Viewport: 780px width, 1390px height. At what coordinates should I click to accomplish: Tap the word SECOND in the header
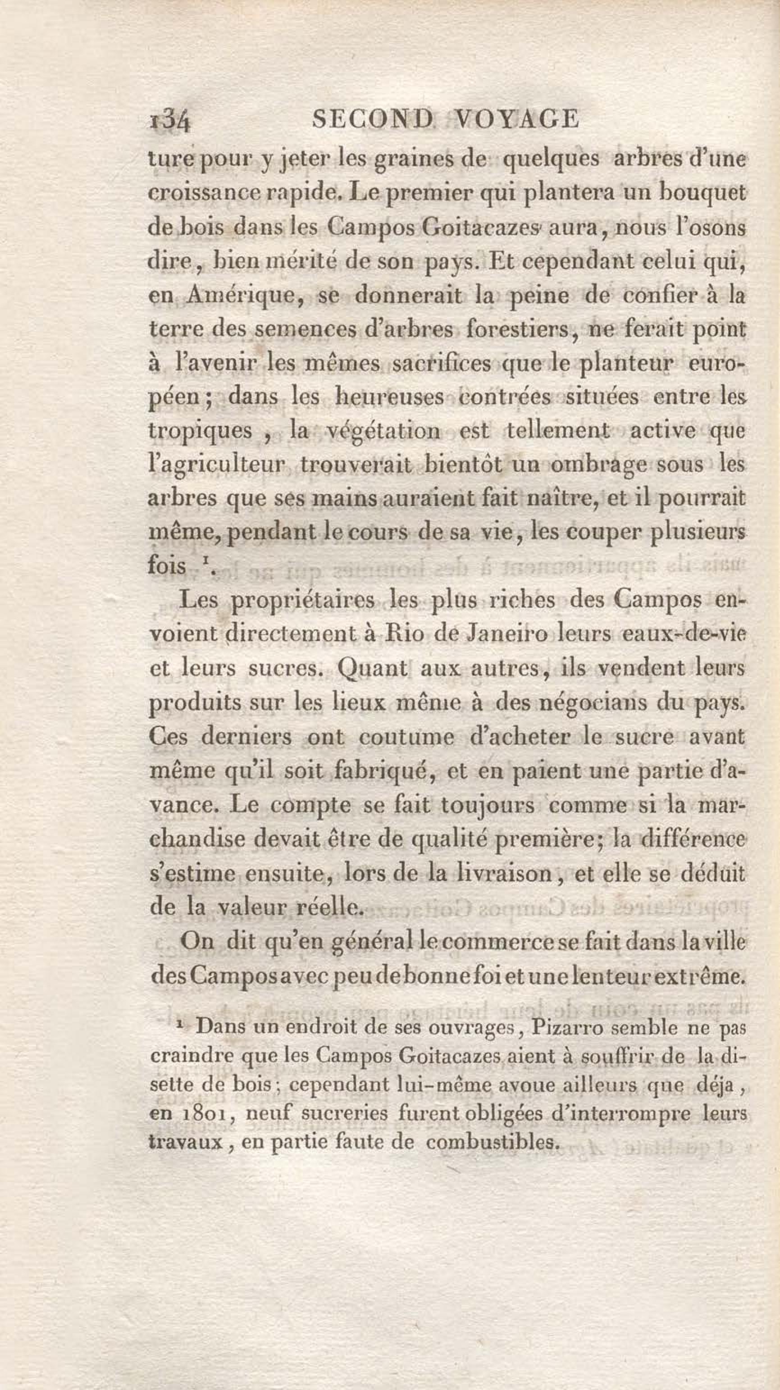373,118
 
